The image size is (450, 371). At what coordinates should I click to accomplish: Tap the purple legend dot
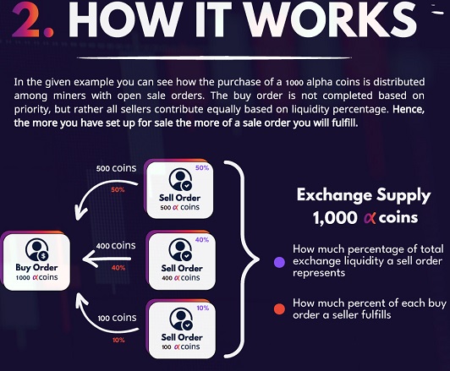[x=279, y=262]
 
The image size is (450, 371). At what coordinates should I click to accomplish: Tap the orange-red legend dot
[x=279, y=309]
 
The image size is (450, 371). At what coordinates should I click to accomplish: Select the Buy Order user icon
[x=37, y=249]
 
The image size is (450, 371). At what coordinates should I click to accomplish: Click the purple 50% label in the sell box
[x=202, y=167]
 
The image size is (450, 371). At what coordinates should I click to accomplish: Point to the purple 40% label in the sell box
[x=202, y=240]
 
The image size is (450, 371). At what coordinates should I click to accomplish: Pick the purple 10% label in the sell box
[x=203, y=308]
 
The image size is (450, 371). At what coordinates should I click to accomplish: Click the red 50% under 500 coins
[x=118, y=189]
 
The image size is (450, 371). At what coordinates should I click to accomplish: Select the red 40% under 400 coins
[x=118, y=268]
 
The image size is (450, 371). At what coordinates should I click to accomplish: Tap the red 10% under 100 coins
[x=118, y=340]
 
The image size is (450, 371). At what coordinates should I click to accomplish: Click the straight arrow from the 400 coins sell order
[x=107, y=259]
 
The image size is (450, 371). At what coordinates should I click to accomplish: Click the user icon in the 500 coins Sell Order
[x=180, y=180]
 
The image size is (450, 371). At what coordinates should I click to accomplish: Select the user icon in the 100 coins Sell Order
[x=181, y=319]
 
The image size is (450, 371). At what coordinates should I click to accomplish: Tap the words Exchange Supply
[x=364, y=195]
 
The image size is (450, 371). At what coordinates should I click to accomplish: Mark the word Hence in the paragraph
[x=409, y=109]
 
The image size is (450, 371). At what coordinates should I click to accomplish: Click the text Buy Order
[x=36, y=268]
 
